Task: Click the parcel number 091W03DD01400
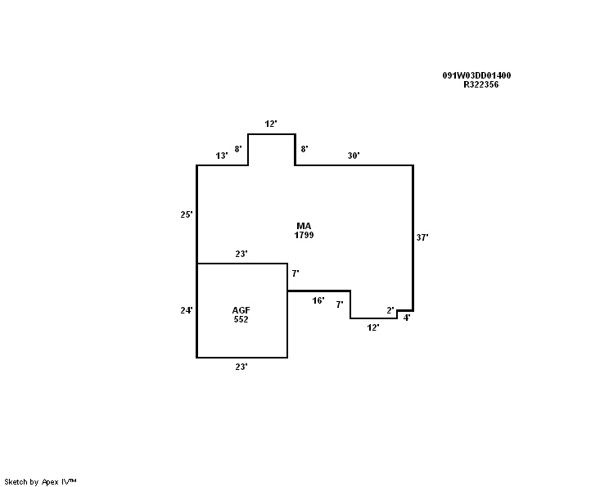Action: (x=476, y=76)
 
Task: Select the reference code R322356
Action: (x=480, y=84)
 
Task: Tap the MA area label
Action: (x=304, y=226)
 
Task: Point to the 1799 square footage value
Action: (x=304, y=235)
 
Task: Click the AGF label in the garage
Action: (x=241, y=310)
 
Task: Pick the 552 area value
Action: (x=241, y=319)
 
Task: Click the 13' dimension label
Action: (x=222, y=156)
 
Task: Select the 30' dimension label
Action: (x=354, y=156)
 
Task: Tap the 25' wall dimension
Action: (x=187, y=214)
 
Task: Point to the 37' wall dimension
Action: (x=422, y=237)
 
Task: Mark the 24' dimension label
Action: (x=187, y=310)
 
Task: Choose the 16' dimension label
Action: (x=318, y=300)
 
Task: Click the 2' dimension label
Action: (x=390, y=310)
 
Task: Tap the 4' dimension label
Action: (x=407, y=318)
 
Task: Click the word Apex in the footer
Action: (x=50, y=482)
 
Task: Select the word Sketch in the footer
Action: (x=16, y=482)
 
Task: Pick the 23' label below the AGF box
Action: (x=241, y=367)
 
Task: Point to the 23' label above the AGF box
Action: (x=241, y=254)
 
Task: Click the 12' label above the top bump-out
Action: (x=271, y=124)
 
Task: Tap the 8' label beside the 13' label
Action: (x=238, y=149)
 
